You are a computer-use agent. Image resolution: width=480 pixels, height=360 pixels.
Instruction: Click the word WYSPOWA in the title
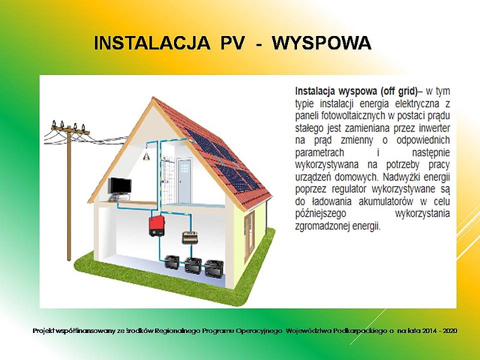tap(322, 43)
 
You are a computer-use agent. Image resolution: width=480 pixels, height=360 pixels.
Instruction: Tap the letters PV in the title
tap(232, 43)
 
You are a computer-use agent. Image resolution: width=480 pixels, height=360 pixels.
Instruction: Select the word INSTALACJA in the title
tap(152, 43)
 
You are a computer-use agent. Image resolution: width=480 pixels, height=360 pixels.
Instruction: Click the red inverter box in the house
tap(157, 226)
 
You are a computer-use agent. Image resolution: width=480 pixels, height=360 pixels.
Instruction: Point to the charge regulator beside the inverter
tap(190, 238)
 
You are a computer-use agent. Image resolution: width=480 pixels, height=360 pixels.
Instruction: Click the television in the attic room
tap(121, 187)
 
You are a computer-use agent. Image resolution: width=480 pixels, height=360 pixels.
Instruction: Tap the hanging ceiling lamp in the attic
tap(146, 156)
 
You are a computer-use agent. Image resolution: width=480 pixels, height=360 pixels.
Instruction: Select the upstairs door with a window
tap(185, 181)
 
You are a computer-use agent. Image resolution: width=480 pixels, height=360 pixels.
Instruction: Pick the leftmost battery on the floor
tap(173, 262)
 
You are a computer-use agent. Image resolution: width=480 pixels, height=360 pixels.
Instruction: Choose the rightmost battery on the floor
tap(214, 268)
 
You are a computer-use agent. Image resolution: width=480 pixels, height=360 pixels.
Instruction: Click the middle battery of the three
tap(193, 265)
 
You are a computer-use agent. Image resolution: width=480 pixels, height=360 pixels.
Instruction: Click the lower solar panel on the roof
tap(238, 177)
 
